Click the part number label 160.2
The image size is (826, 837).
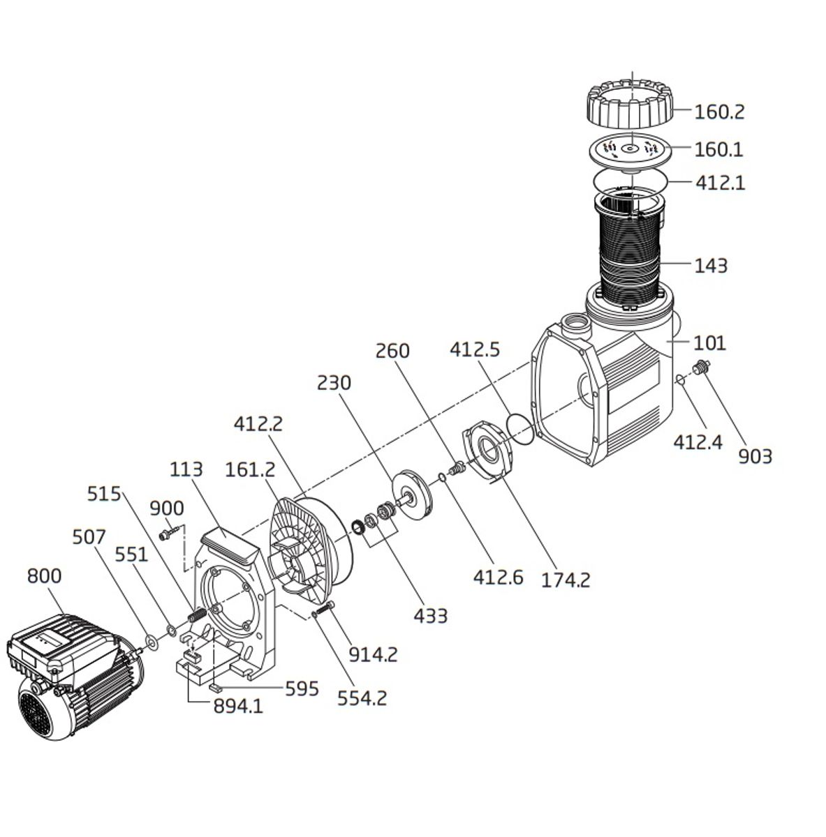[719, 112]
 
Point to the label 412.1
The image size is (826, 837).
[720, 183]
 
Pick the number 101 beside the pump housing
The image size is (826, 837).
[710, 343]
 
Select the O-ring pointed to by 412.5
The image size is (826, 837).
[519, 427]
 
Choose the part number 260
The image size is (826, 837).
[392, 350]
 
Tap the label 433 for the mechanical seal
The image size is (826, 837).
[430, 616]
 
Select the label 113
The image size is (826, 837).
[186, 469]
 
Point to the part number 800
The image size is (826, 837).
[44, 576]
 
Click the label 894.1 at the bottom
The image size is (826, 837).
[238, 707]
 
